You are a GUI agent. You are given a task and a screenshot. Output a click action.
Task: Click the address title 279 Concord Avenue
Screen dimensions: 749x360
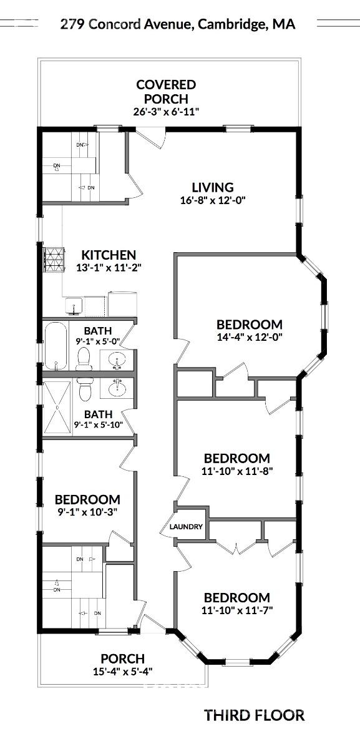177,24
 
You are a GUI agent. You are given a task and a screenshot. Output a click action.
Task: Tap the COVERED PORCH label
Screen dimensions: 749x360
166,91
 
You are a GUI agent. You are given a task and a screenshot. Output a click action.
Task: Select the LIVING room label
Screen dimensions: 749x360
212,187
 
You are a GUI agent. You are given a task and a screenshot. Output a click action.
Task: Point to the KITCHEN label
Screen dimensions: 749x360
109,255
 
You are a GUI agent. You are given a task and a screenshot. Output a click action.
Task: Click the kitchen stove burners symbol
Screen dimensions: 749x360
54,259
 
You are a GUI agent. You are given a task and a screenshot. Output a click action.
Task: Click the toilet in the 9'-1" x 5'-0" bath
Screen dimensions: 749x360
84,358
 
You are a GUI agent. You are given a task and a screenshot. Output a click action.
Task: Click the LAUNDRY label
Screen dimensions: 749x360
187,527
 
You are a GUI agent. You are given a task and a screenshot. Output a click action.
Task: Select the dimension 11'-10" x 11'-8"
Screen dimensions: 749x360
236,472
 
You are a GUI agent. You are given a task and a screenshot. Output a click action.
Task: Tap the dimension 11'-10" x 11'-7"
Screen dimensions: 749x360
236,610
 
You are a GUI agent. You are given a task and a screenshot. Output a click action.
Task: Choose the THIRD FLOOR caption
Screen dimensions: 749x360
254,715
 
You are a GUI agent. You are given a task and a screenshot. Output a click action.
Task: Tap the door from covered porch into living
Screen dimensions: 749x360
150,137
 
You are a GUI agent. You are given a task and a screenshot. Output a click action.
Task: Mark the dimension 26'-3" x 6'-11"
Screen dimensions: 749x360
166,112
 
